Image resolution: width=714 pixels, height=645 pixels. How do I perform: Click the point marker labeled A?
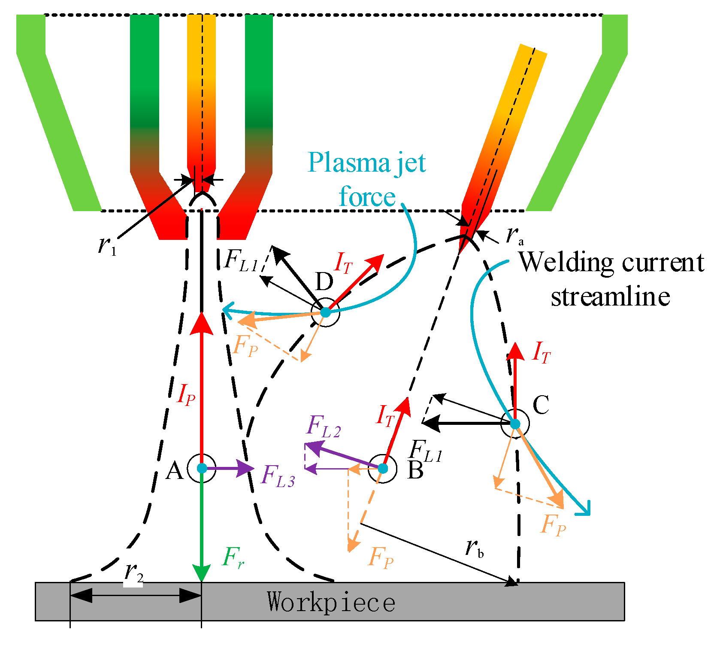tap(202, 468)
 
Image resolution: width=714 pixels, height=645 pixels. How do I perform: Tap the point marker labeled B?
tap(383, 468)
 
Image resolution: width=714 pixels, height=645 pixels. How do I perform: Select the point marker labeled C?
tap(515, 424)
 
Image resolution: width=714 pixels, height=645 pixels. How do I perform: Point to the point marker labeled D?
tap(325, 312)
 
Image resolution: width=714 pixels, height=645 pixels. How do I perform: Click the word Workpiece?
tap(330, 602)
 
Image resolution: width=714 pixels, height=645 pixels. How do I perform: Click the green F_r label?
tap(233, 557)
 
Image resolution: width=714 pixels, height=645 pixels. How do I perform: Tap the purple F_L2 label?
tap(324, 427)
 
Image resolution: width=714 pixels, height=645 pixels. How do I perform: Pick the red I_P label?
tap(186, 394)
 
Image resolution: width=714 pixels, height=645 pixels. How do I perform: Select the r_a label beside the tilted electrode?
tap(514, 235)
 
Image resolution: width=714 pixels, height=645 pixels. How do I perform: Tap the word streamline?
tap(610, 297)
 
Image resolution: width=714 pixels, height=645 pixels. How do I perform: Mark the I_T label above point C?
tap(541, 352)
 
